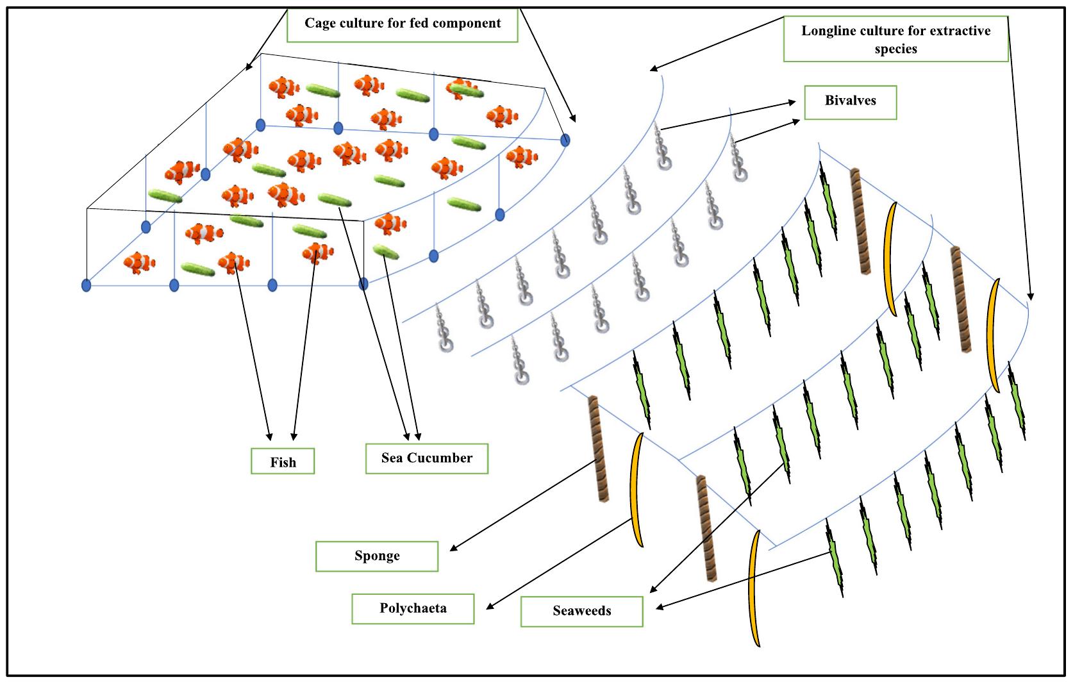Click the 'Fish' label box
point(283,462)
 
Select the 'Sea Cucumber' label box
point(427,458)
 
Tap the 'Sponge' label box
point(377,556)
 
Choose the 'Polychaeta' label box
point(413,608)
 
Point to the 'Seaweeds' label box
point(581,611)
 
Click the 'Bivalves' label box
point(850,102)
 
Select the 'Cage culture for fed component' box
point(402,24)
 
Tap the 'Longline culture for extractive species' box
point(895,39)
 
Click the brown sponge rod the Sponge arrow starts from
point(598,449)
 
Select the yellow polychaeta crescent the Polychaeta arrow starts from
point(637,490)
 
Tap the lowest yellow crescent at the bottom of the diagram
point(754,588)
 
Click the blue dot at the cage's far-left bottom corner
point(87,285)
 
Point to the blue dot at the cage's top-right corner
point(565,140)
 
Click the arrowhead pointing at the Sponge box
point(453,549)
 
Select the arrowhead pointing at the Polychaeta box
point(489,606)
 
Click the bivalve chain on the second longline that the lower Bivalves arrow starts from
point(738,160)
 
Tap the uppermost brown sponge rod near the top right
point(860,221)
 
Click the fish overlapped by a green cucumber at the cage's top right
point(460,88)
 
